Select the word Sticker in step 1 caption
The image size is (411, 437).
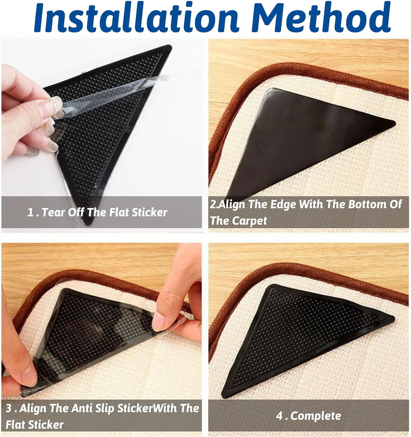150,212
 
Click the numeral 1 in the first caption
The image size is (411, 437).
30,213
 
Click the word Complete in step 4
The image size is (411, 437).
316,416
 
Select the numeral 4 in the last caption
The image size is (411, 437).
279,416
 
